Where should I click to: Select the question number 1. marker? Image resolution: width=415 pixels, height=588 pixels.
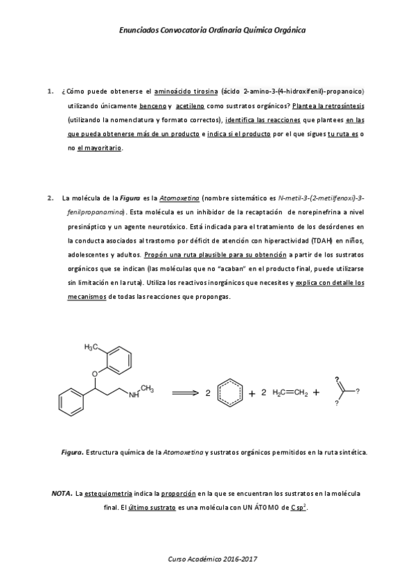click(x=49, y=91)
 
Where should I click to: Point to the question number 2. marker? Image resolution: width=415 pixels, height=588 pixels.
click(x=49, y=198)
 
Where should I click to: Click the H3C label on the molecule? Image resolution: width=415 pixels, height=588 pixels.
click(x=92, y=347)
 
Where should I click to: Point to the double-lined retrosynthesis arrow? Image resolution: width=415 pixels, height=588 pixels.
click(x=184, y=392)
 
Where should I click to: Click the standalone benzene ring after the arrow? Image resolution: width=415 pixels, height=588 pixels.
click(x=229, y=392)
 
